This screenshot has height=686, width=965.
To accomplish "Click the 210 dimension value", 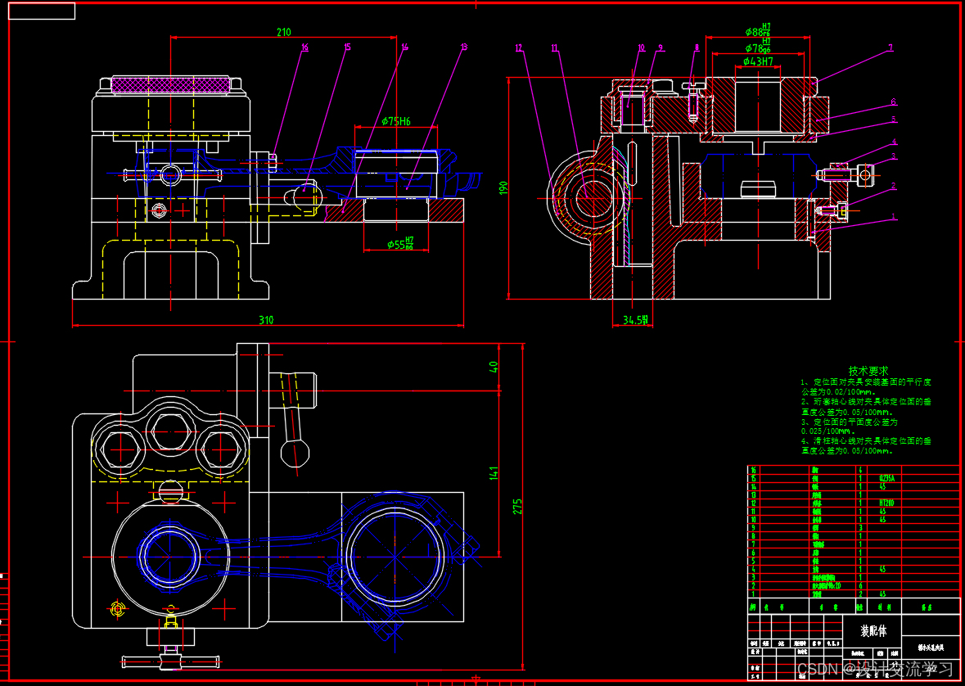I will pyautogui.click(x=283, y=33).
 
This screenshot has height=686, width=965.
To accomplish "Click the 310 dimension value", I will pyautogui.click(x=266, y=320).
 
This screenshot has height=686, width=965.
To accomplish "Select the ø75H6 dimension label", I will pyautogui.click(x=396, y=121).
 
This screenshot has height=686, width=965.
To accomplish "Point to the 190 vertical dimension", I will pyautogui.click(x=504, y=187).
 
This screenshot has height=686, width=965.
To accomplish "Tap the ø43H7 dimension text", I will pyautogui.click(x=758, y=61).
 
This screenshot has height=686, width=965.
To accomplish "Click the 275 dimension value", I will pyautogui.click(x=517, y=506).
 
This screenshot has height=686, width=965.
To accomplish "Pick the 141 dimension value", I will pyautogui.click(x=494, y=473).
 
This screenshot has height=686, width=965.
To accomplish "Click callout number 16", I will pyautogui.click(x=304, y=48).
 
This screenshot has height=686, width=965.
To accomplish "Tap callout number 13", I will pyautogui.click(x=464, y=47).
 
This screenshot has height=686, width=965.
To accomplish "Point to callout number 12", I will pyautogui.click(x=519, y=48).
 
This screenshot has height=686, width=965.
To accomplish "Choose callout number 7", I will pyautogui.click(x=891, y=48).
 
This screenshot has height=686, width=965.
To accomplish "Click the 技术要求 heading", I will pyautogui.click(x=868, y=371).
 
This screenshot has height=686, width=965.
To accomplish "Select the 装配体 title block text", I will pyautogui.click(x=873, y=631).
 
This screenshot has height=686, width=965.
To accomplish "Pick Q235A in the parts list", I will pyautogui.click(x=885, y=478).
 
